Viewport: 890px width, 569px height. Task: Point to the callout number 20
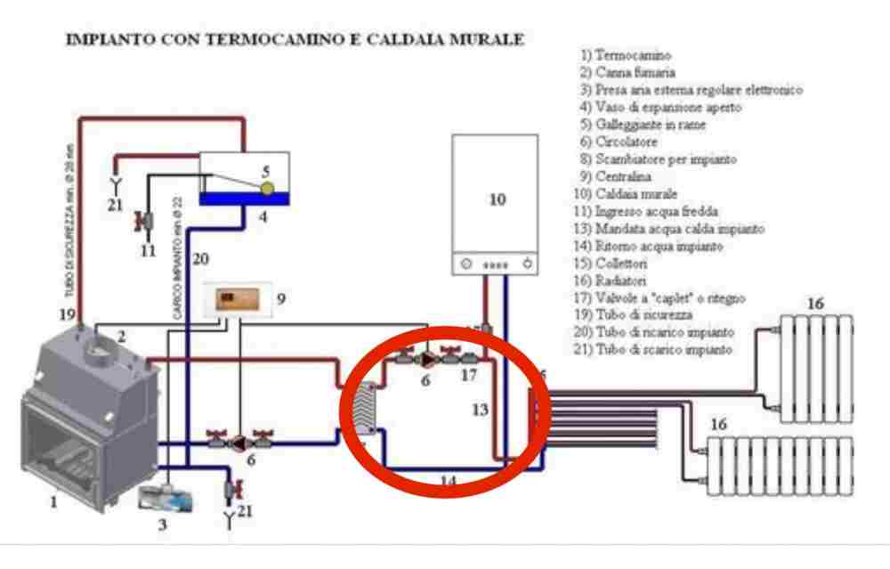(x=202, y=259)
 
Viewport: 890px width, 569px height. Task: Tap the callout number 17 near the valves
(x=469, y=375)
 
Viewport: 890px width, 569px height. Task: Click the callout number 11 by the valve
(x=150, y=250)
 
